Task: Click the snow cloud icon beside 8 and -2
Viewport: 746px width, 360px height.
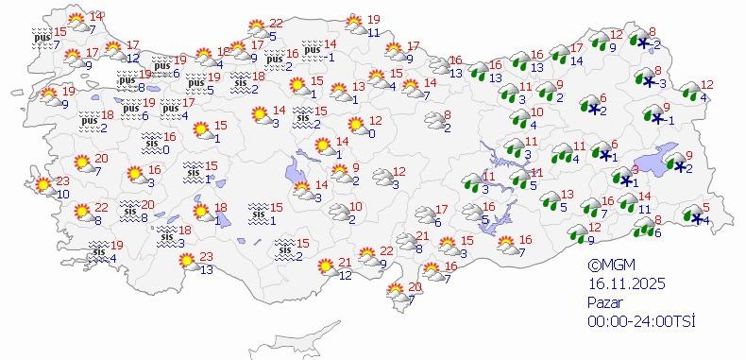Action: point(645,42)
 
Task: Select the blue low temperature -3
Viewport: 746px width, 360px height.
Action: point(662,85)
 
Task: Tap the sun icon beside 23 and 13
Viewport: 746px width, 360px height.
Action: point(189,261)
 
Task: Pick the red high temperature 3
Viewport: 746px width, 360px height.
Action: point(636,168)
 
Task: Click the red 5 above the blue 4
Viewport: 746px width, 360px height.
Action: point(705,208)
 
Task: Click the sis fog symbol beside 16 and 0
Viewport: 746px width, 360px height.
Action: point(152,143)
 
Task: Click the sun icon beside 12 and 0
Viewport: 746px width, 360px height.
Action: point(356,125)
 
